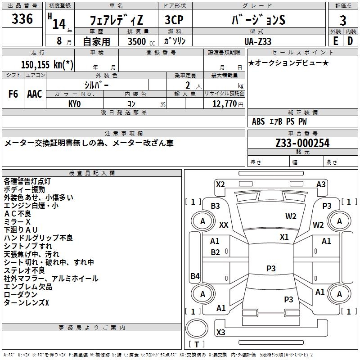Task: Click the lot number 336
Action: tap(22, 19)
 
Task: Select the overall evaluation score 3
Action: tap(343, 20)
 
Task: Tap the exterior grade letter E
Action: tap(335, 40)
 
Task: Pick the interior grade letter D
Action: tap(350, 40)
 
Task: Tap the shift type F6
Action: tap(13, 94)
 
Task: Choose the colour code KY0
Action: tap(75, 103)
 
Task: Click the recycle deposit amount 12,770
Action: tap(224, 103)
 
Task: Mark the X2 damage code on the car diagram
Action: tap(220, 184)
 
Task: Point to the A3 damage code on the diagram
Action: tap(321, 184)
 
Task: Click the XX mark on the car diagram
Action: tap(224, 225)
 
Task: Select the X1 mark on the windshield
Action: tap(284, 237)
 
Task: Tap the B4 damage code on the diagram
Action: tap(195, 276)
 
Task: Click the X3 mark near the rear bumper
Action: tap(221, 333)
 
